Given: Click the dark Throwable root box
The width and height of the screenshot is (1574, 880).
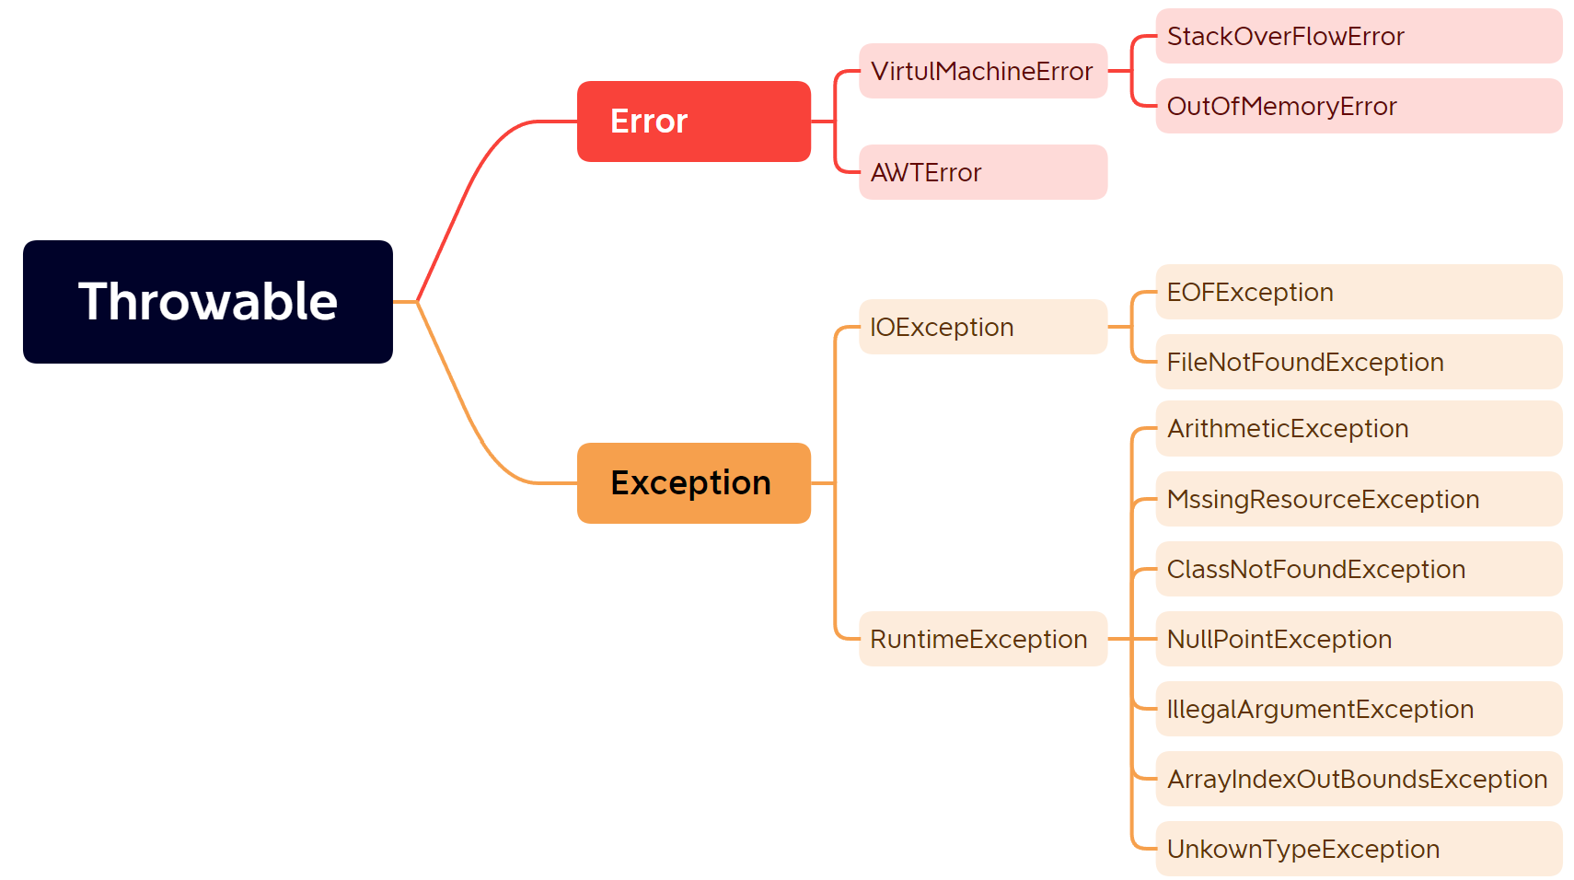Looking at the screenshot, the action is (208, 302).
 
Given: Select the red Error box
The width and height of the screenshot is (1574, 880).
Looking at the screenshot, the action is (693, 122).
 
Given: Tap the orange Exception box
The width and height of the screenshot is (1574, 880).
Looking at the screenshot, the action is (693, 483).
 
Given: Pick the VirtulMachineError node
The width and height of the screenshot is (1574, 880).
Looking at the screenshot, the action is (983, 71).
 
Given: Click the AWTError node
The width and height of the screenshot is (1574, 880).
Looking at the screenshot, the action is (983, 172).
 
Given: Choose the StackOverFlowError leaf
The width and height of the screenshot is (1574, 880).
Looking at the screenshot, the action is (1359, 36).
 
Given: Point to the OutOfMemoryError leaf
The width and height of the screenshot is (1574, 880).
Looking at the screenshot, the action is (1359, 106).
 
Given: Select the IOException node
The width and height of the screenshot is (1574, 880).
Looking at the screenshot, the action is (983, 327).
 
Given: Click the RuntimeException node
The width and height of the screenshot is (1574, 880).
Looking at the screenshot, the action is (983, 639).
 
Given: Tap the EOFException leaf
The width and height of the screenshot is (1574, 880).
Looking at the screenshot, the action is (1359, 292).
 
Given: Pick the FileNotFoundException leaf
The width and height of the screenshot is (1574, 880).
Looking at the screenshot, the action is (1359, 362).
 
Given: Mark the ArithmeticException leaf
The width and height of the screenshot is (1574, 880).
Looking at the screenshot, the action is (1359, 429).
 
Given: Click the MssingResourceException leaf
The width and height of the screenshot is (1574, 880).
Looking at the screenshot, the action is (1359, 499).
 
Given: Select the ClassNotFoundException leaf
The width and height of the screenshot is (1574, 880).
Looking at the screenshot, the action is (1359, 569).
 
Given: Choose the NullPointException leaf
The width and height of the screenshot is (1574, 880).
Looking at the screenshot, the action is (1359, 639).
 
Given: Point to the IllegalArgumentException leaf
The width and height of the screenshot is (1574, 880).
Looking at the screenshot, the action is (1359, 709).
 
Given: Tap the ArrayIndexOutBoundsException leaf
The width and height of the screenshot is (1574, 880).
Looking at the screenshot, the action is (1359, 779).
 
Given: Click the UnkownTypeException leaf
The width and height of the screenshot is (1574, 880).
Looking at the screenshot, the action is (1359, 849).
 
